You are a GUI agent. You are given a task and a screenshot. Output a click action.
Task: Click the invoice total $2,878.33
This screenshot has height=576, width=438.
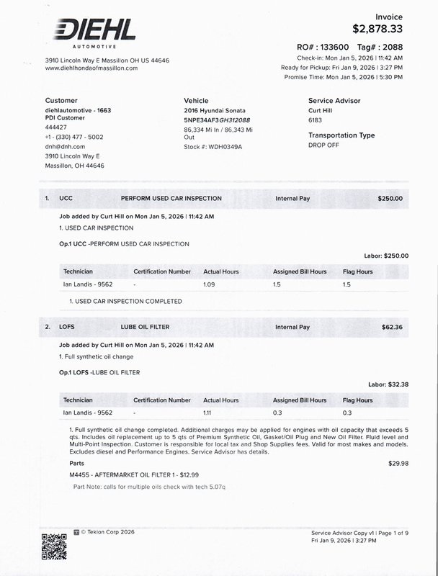pos(377,29)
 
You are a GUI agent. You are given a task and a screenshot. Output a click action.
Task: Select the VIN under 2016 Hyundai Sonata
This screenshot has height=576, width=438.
pos(217,120)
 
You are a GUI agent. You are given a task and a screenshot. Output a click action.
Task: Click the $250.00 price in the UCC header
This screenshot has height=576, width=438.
pos(390,198)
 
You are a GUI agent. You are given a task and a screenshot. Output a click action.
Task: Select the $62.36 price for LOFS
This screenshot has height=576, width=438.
pos(393,327)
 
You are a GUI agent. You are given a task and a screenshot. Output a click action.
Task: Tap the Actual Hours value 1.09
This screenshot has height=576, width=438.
pos(210,284)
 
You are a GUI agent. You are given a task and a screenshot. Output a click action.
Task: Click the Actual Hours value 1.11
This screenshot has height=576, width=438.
pos(210,413)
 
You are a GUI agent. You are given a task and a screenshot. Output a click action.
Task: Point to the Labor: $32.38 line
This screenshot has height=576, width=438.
pos(388,384)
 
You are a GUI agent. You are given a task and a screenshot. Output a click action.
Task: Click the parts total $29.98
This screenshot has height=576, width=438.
pos(398,463)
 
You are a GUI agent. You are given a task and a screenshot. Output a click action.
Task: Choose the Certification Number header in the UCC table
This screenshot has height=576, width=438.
pos(162,271)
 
